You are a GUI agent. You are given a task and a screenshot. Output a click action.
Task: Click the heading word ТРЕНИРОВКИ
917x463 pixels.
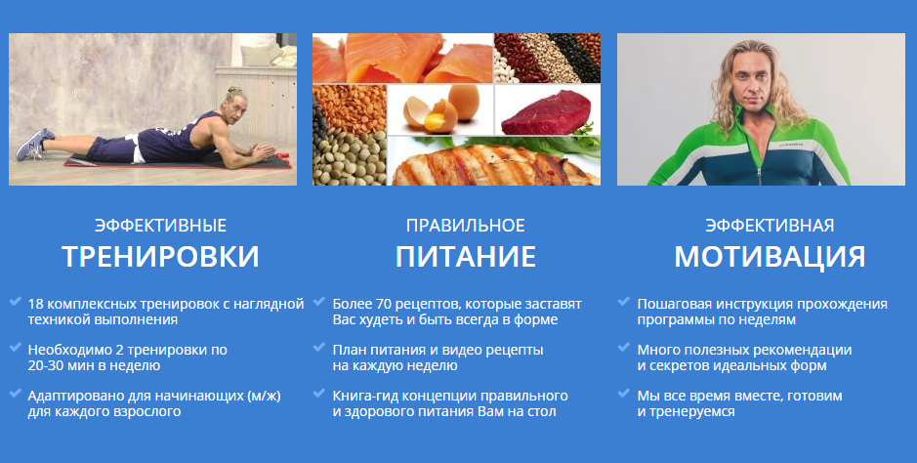[x=160, y=257]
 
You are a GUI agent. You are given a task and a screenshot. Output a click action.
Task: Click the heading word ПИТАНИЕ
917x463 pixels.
[x=466, y=257]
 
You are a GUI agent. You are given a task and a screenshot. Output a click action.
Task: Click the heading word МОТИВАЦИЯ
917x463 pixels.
[x=770, y=257]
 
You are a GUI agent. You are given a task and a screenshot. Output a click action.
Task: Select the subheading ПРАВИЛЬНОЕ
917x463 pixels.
[x=466, y=226]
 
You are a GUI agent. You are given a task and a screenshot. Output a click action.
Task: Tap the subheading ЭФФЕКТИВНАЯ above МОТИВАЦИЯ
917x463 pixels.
[x=770, y=226]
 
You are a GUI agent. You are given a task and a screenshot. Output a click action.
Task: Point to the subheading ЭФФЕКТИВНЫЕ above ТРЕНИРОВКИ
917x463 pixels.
[x=160, y=226]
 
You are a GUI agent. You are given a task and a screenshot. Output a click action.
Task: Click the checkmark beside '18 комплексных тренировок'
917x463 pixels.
[x=16, y=303]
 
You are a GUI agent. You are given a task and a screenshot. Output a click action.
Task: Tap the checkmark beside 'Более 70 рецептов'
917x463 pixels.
[x=319, y=303]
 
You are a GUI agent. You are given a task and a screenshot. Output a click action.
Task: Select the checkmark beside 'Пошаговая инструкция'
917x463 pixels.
[x=624, y=303]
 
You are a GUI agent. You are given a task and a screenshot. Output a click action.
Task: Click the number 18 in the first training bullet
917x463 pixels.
[x=36, y=304]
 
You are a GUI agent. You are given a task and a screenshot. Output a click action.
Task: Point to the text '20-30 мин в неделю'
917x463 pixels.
[x=81, y=365]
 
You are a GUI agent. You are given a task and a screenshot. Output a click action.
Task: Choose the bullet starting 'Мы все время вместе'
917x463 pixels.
[x=739, y=403]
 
